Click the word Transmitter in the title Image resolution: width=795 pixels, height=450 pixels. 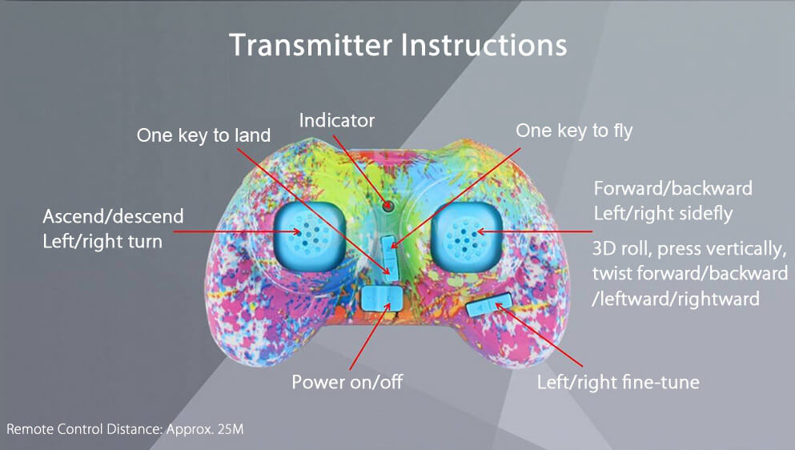click(311, 45)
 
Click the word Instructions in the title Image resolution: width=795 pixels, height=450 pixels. click(484, 45)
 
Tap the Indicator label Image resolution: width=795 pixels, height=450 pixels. click(337, 121)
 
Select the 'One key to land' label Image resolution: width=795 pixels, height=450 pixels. click(203, 136)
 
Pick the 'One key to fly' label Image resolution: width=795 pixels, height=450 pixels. click(574, 131)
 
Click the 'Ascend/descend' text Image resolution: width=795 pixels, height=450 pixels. click(113, 217)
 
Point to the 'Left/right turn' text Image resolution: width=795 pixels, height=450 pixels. click(102, 242)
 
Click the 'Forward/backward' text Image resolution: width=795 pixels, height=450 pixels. click(673, 189)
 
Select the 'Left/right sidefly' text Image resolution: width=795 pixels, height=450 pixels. click(663, 214)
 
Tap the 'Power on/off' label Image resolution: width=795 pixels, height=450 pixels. click(347, 382)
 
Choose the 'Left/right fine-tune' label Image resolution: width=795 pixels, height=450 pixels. click(618, 382)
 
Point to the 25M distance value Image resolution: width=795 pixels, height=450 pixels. click(231, 429)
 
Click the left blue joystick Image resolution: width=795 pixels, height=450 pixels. click(310, 235)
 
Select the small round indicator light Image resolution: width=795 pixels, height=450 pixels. click(387, 206)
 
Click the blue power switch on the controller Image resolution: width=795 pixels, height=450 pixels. click(381, 299)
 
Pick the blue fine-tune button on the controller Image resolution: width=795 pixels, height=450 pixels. click(489, 305)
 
